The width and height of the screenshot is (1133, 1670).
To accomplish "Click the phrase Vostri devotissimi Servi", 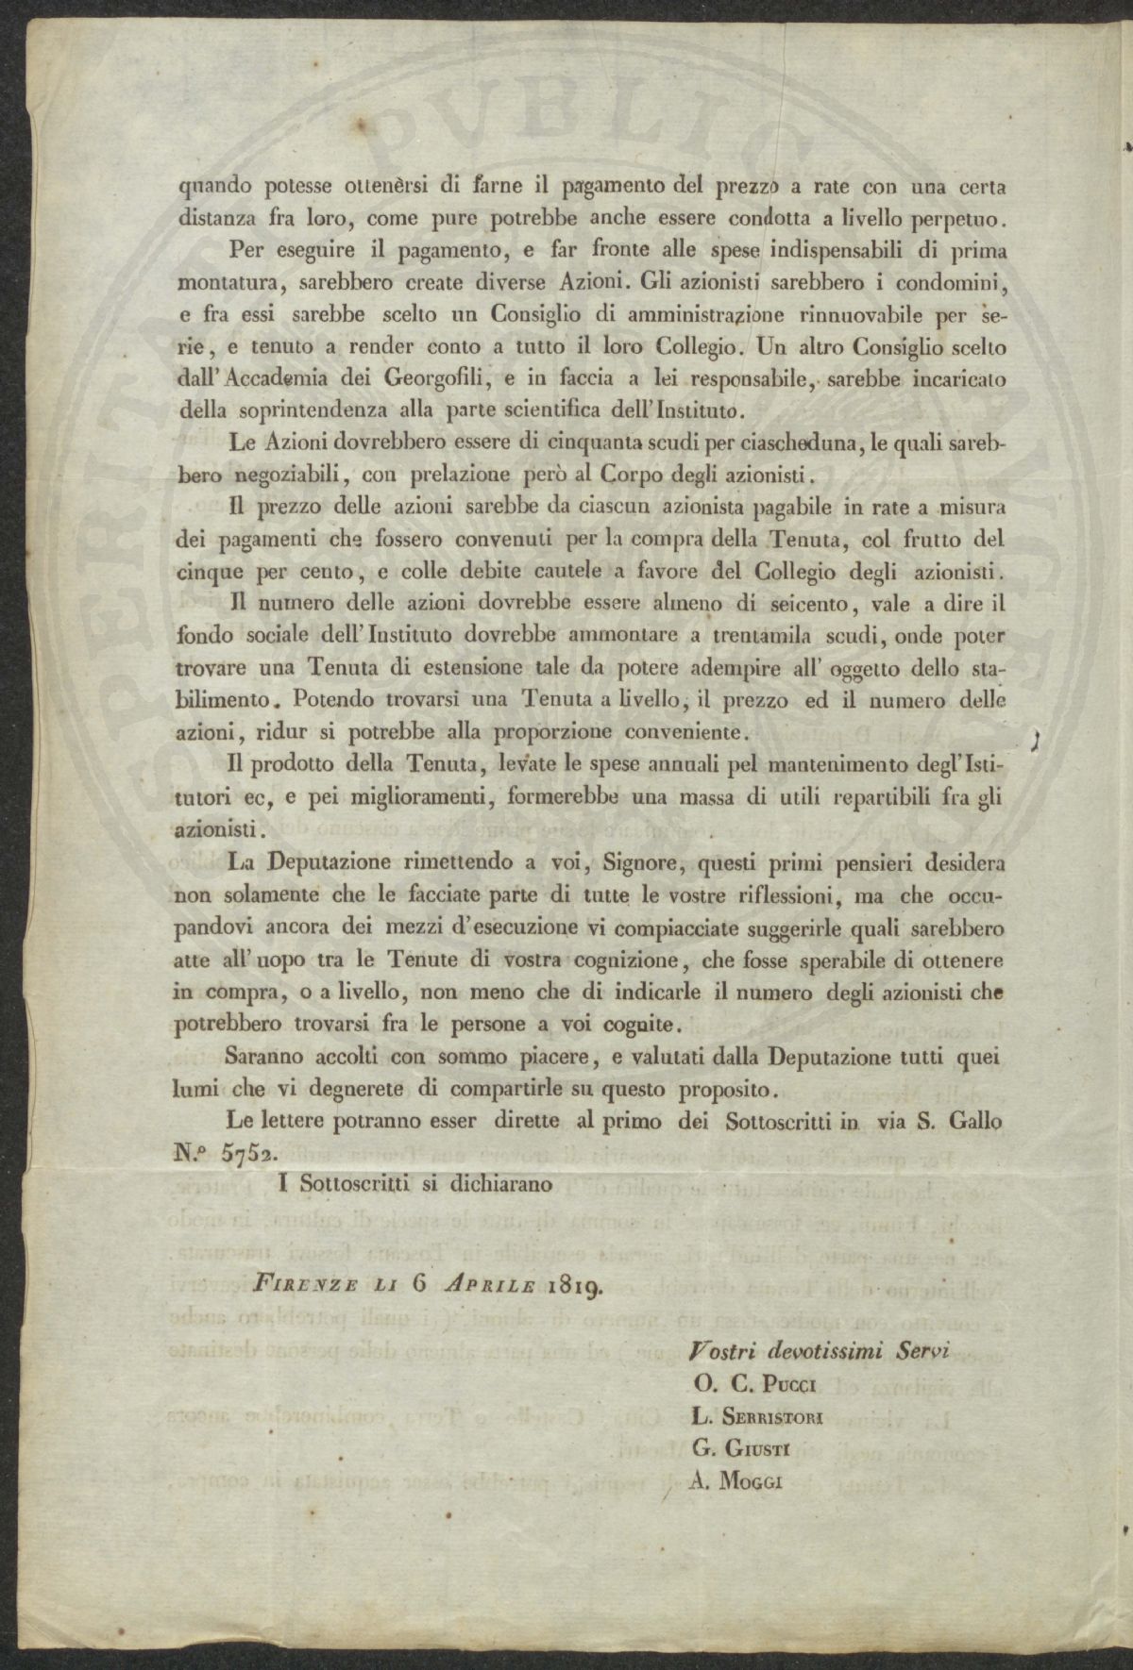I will click(820, 1350).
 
